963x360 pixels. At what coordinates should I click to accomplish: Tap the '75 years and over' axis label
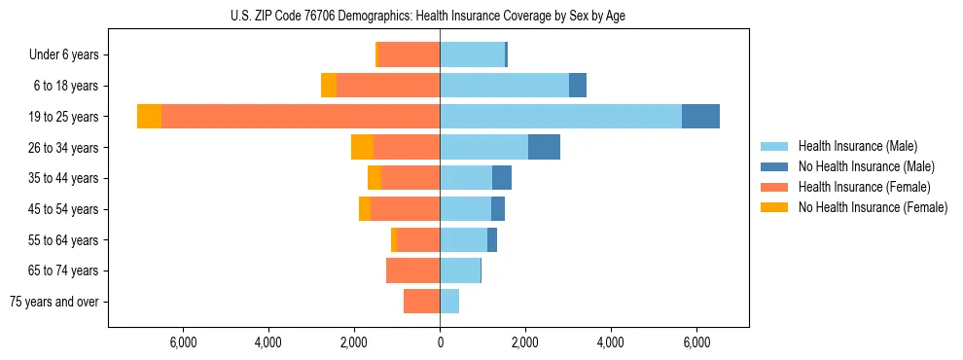click(x=54, y=302)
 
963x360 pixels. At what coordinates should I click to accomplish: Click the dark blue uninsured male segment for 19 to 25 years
click(x=700, y=117)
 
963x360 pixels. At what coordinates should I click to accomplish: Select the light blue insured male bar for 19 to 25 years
click(x=560, y=117)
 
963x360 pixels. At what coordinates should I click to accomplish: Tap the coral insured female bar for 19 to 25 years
click(x=301, y=117)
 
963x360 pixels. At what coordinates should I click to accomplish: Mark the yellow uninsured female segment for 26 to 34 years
click(x=362, y=147)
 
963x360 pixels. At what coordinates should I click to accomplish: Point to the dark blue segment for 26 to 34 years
click(x=544, y=147)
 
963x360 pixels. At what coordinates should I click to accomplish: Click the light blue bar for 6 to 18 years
click(x=504, y=86)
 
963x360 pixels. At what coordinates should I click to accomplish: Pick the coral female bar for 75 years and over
click(x=421, y=302)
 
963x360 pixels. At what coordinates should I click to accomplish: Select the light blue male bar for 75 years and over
click(x=449, y=302)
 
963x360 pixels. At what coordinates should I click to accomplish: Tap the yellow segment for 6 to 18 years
click(x=329, y=86)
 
